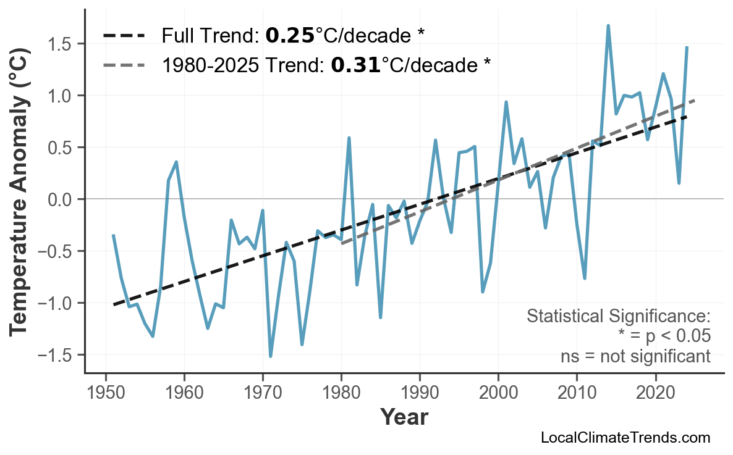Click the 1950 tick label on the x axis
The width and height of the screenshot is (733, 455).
point(106,393)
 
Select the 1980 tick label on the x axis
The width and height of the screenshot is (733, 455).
point(341,393)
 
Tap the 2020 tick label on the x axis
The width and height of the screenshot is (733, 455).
point(655,393)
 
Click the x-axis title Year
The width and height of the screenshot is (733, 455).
point(404,417)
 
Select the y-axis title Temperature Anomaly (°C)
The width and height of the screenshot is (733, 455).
point(20,199)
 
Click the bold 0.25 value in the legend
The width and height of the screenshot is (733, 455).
point(290,36)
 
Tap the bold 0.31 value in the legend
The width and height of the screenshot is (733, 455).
point(355,64)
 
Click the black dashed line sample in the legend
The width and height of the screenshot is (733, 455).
point(124,36)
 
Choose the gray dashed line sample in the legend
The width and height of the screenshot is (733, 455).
point(124,64)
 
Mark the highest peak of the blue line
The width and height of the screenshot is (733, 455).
point(608,26)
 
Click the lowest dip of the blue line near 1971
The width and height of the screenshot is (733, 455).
point(271,356)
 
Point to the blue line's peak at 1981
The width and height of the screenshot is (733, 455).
point(349,138)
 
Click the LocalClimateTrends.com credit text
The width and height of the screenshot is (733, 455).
point(625,438)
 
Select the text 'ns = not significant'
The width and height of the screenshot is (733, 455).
point(635,356)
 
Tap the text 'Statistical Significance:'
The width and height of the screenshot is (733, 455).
point(618,317)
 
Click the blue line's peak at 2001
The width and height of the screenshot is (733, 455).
point(506,102)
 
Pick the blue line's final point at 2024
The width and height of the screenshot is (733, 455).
point(687,48)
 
